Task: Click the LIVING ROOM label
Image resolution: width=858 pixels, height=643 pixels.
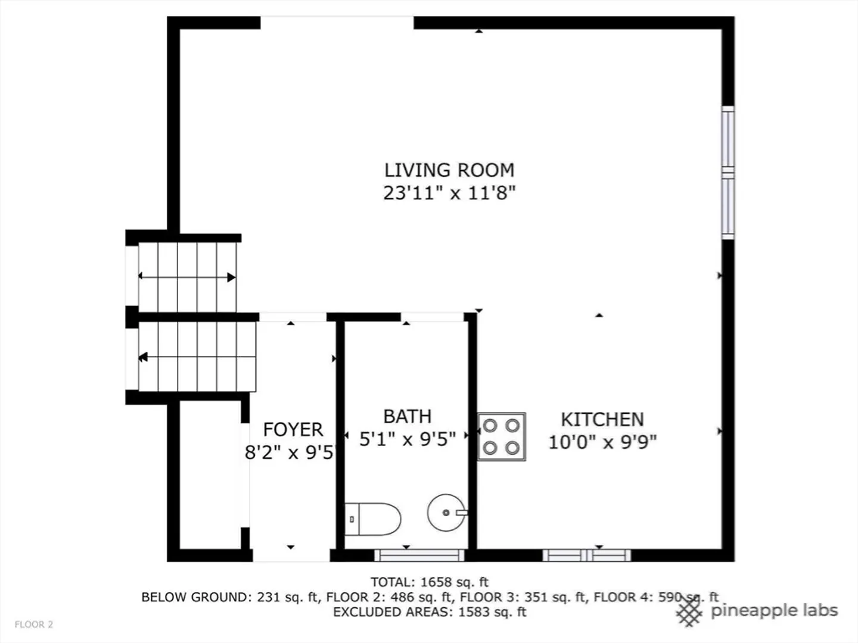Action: point(449,170)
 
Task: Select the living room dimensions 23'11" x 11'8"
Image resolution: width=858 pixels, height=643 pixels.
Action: point(449,193)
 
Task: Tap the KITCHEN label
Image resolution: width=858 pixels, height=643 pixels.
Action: point(602,420)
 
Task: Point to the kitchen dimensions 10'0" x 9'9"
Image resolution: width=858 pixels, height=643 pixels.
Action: point(602,442)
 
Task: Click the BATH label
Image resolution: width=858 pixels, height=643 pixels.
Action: point(408,417)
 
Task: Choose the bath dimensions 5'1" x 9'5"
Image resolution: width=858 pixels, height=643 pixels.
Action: point(408,439)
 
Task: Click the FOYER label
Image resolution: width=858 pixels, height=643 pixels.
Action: point(293,430)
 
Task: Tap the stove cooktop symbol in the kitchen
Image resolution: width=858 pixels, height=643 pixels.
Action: point(502,436)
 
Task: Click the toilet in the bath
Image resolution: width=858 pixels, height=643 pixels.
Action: point(372,519)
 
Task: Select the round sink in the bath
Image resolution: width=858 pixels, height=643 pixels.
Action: point(446,513)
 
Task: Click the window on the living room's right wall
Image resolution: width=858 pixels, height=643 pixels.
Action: point(728,173)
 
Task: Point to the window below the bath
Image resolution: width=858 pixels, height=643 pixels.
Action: point(419,555)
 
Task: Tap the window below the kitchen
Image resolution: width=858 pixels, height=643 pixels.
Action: point(587,555)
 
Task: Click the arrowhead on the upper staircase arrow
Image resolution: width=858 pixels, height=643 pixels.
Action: point(231,277)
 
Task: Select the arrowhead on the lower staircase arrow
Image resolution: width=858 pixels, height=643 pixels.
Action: point(143,357)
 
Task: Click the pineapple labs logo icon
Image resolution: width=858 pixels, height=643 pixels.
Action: point(690,612)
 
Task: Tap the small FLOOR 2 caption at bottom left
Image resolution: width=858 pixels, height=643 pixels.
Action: point(33,625)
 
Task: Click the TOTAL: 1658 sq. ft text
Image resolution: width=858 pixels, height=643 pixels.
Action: point(430,582)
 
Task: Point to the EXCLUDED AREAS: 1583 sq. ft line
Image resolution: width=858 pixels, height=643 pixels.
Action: point(430,612)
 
